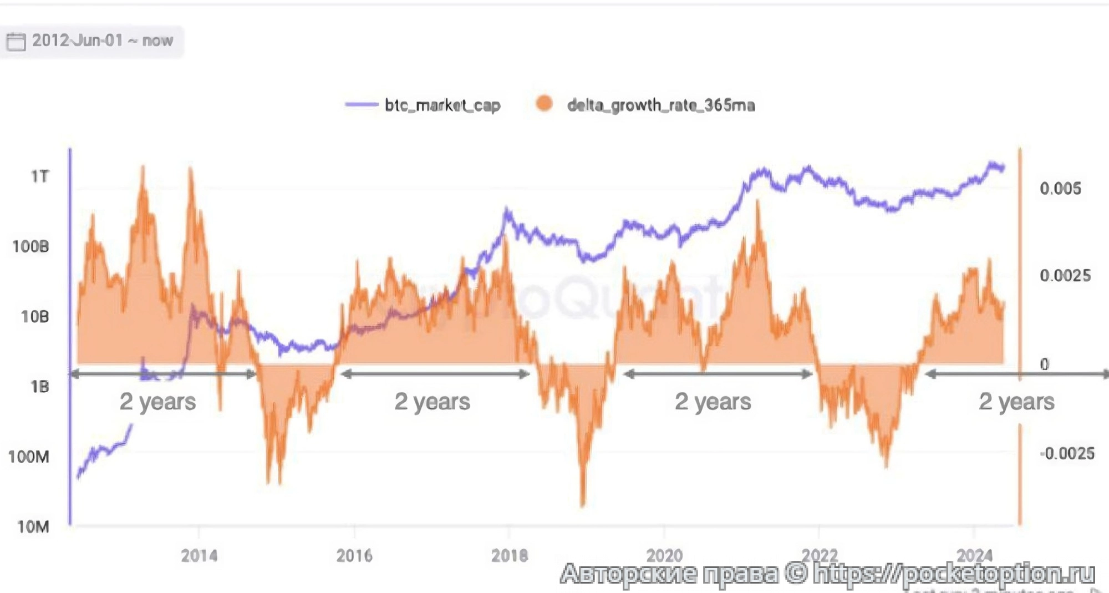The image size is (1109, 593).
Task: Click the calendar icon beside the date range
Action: point(16,41)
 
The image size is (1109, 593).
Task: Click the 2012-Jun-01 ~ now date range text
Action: point(103,40)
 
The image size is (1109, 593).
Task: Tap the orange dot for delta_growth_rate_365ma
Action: point(545,104)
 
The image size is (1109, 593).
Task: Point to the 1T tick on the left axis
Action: point(39,176)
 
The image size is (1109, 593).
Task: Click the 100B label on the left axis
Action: point(31,246)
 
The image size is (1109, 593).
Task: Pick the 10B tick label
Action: point(34,317)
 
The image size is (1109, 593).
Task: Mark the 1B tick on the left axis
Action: point(39,387)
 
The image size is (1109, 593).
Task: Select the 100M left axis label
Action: point(29,457)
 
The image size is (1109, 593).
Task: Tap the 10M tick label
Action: point(33,526)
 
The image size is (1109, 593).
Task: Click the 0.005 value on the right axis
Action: point(1060,189)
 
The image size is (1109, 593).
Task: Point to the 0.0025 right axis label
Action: point(1065,276)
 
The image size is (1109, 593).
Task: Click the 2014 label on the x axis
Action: point(199,555)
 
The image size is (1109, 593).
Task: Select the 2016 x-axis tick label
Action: point(354,555)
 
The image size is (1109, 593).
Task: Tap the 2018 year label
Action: point(509,555)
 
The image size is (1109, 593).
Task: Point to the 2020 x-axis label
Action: point(664,555)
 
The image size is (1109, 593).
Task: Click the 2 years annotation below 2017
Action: point(433,401)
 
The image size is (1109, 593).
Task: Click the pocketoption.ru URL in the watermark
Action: point(954,574)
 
